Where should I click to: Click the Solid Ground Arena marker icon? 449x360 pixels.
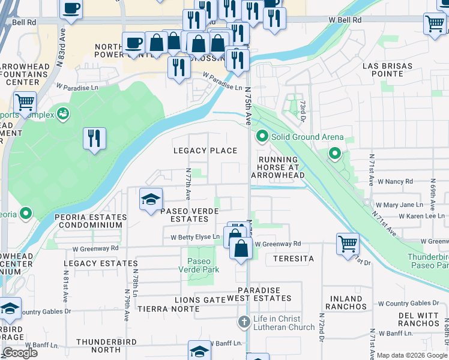[x=262, y=137]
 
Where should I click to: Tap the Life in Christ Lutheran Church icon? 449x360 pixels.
[x=244, y=322]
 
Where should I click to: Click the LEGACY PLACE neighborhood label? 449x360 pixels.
[x=205, y=151]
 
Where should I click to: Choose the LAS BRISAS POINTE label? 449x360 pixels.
[x=390, y=69]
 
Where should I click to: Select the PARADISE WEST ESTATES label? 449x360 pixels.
[x=264, y=294]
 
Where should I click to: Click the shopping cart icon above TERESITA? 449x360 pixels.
[x=348, y=244]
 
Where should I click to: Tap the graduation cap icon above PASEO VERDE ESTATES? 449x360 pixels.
[x=151, y=199]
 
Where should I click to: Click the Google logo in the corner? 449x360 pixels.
[x=20, y=353]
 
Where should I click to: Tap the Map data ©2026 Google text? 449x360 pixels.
[x=412, y=355]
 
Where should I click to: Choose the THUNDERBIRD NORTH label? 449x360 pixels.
[x=107, y=346]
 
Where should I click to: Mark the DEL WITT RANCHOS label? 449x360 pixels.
[x=423, y=319]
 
